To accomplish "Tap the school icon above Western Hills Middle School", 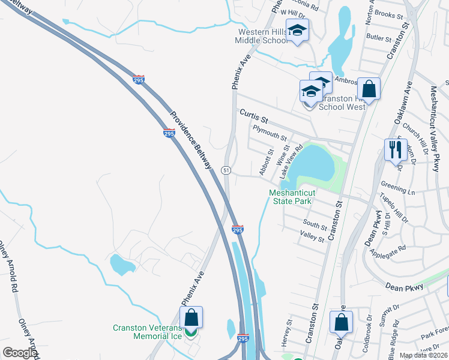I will coord(297,30).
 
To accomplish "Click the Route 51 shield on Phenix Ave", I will coord(226,170).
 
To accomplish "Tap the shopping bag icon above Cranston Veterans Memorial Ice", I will coord(191,317).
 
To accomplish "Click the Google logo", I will coord(20,353).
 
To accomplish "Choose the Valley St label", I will coord(312,239).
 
